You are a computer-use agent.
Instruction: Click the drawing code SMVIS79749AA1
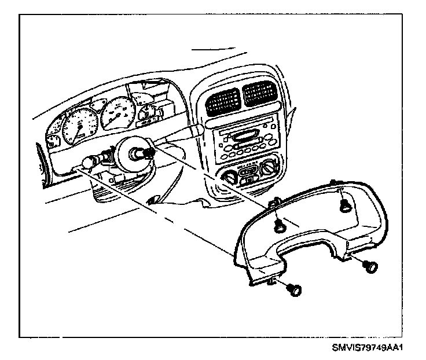click(x=367, y=348)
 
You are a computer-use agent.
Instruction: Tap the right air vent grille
click(x=258, y=93)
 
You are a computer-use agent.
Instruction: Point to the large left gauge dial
click(x=76, y=125)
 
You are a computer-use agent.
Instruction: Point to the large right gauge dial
click(x=118, y=109)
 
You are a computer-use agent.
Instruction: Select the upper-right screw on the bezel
click(x=345, y=203)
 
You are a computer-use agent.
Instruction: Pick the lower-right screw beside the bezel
click(x=370, y=267)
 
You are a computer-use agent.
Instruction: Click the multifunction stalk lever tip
click(x=197, y=127)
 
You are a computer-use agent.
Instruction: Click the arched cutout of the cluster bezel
click(x=304, y=246)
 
